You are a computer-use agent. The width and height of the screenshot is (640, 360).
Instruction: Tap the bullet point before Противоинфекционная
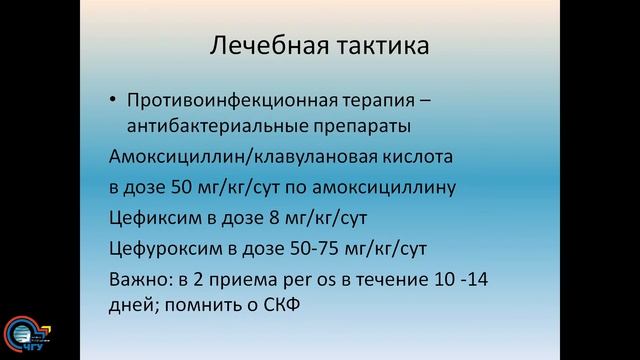tap(113, 100)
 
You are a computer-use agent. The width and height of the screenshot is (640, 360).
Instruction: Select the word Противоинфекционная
tap(218, 100)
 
